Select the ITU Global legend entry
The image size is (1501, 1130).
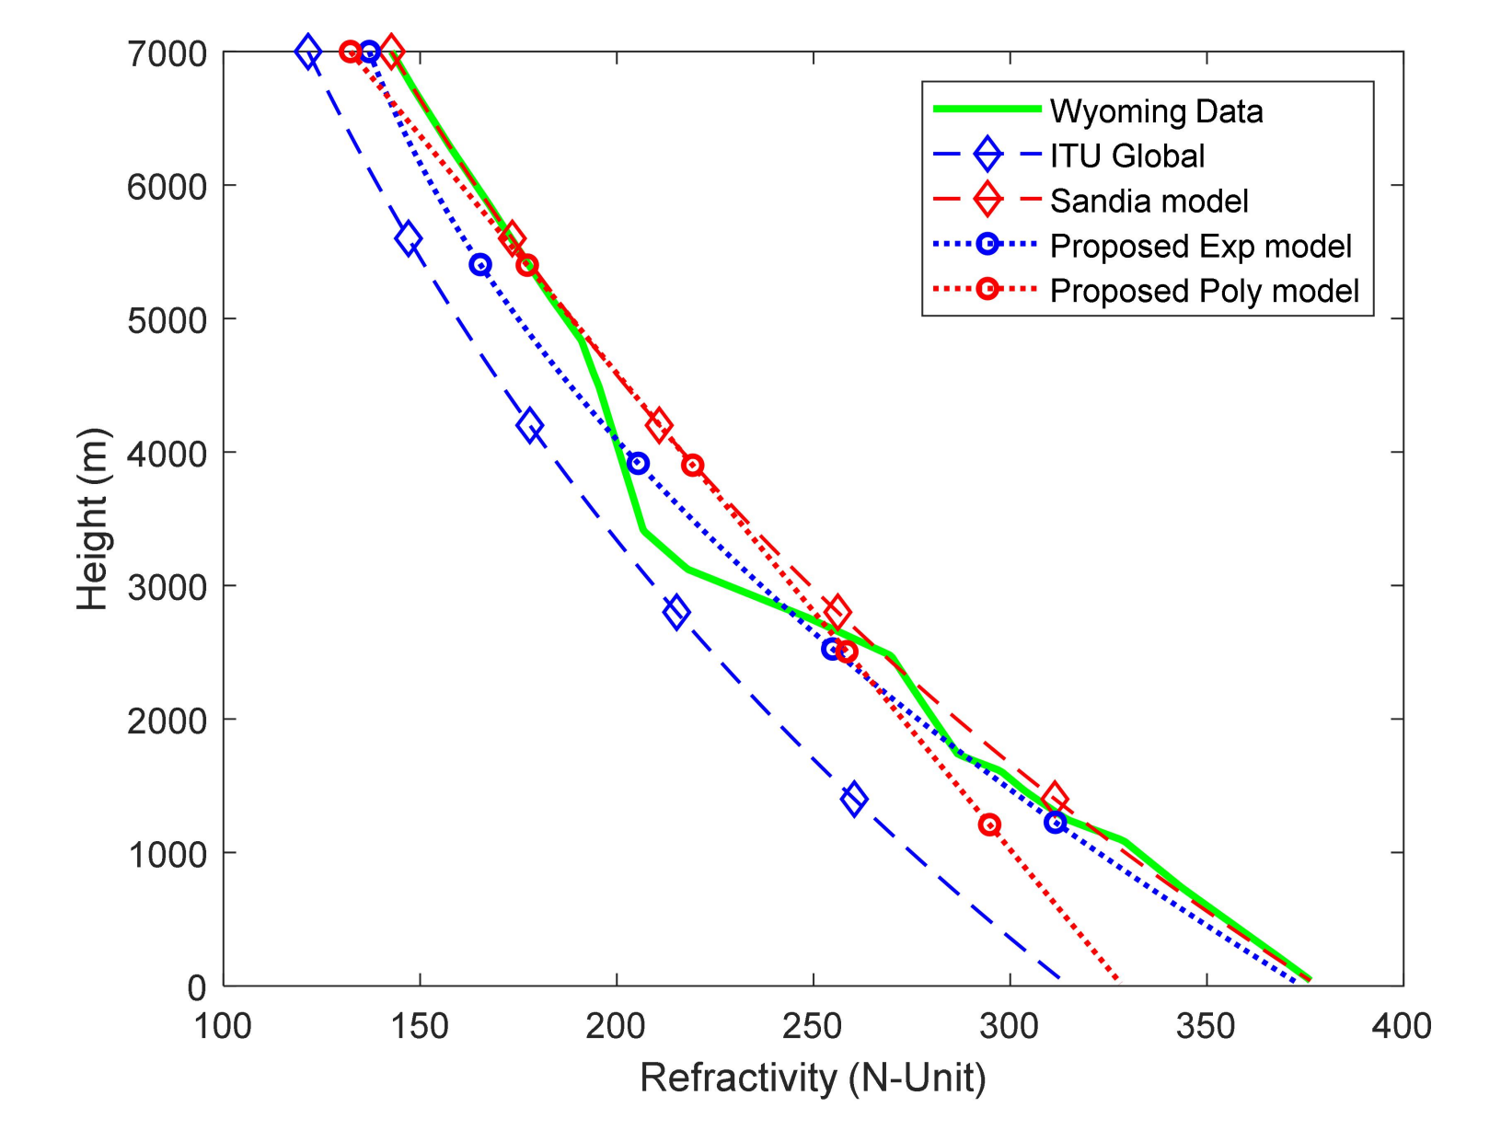1126,156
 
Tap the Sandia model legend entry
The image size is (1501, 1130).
1149,201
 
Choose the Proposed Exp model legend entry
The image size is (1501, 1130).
1200,246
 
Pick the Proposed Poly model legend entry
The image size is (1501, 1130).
1204,291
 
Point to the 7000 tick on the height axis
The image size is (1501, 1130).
167,53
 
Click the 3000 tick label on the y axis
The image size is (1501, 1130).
167,587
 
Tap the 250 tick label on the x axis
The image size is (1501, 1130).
813,1025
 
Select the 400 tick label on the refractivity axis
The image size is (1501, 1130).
1402,1025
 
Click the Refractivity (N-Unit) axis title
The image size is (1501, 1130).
813,1078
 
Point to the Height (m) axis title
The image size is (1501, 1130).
93,518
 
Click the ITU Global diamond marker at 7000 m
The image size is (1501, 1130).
308,52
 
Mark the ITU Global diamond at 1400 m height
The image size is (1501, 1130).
854,798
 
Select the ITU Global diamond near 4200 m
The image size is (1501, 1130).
529,426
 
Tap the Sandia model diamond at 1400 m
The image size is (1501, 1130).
1056,799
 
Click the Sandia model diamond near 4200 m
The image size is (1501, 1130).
658,425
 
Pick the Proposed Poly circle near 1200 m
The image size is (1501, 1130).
989,824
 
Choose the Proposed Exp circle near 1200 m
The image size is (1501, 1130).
1056,822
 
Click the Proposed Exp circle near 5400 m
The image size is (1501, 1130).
479,265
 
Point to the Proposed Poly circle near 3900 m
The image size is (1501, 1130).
693,466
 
